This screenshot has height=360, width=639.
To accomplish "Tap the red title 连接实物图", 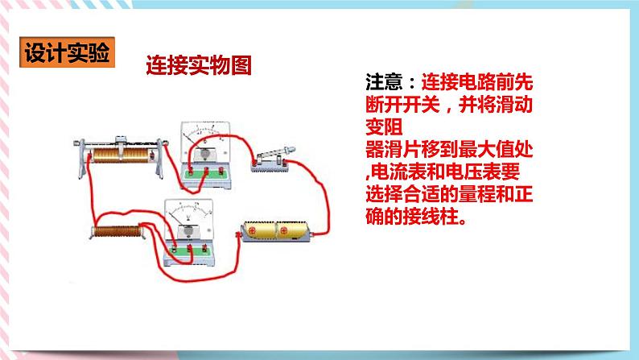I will point(199,65).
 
